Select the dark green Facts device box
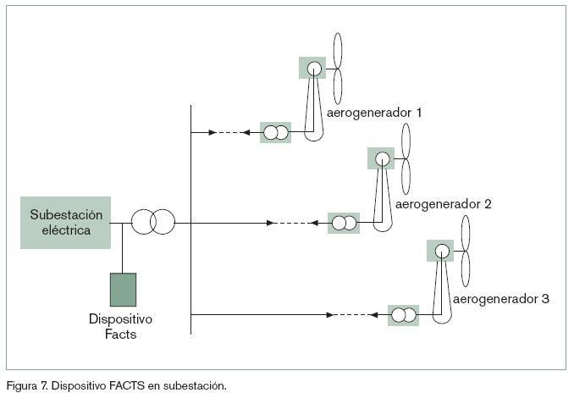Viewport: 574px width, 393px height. click(x=123, y=289)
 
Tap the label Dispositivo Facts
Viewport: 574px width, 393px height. click(x=120, y=327)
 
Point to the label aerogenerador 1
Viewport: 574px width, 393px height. click(x=373, y=112)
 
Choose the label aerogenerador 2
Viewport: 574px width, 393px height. click(x=444, y=204)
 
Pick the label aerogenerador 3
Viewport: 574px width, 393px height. click(x=501, y=299)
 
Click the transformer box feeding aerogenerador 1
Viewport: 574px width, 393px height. click(x=275, y=132)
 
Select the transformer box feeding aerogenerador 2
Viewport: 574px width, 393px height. click(x=343, y=224)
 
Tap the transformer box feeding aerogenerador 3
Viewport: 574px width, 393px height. click(x=403, y=315)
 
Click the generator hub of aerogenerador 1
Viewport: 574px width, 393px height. click(x=312, y=68)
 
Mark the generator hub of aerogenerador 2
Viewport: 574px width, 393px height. click(x=382, y=158)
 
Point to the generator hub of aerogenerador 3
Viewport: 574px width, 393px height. click(x=441, y=251)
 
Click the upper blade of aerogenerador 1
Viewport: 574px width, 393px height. click(x=338, y=49)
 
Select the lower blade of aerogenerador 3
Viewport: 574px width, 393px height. click(x=466, y=270)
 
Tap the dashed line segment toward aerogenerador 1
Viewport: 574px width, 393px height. click(x=226, y=132)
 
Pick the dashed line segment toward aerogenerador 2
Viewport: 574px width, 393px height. click(x=293, y=224)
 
